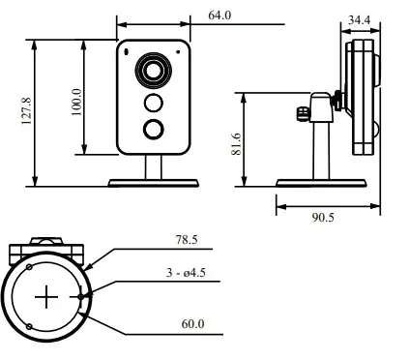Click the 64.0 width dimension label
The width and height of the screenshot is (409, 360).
[219, 15]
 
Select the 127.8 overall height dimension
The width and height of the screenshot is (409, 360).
[26, 111]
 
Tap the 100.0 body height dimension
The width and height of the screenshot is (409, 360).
[76, 102]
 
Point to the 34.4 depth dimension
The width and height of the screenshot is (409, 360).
[360, 20]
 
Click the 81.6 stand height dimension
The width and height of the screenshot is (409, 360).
[236, 144]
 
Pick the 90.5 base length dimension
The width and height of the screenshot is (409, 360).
[323, 218]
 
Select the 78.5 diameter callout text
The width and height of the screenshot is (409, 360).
[187, 240]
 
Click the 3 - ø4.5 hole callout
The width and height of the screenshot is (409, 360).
[186, 273]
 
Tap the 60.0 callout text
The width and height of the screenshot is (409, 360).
[192, 323]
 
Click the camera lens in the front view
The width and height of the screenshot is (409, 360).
[154, 71]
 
